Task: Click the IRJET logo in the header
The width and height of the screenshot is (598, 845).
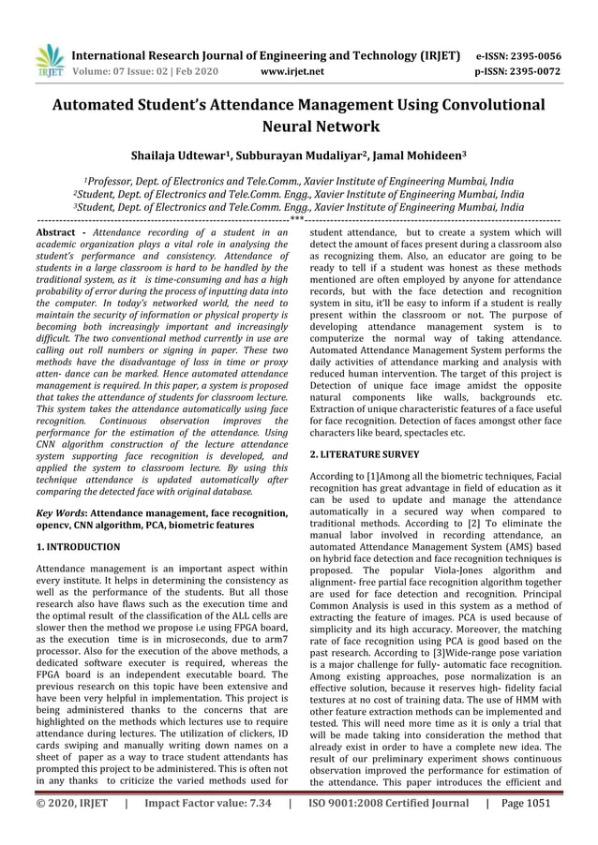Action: [48, 59]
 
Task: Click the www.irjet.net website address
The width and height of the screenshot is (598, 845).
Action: [294, 70]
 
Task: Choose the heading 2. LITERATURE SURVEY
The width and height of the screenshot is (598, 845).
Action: [365, 453]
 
